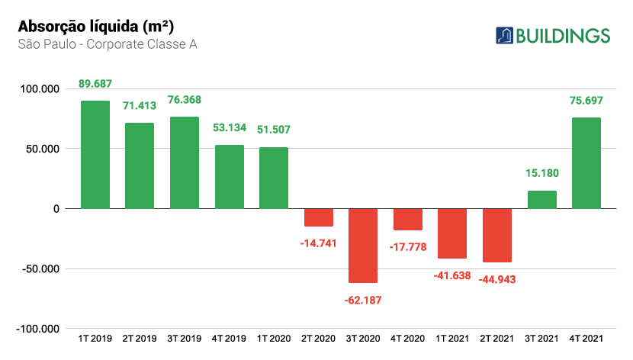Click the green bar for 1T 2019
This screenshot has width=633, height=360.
click(x=95, y=154)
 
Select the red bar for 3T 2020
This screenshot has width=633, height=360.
click(x=363, y=246)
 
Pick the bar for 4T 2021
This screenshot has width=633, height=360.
click(x=586, y=163)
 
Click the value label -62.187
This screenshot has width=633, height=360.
click(x=363, y=300)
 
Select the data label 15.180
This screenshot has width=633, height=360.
click(x=541, y=174)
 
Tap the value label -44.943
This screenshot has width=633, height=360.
click(x=497, y=279)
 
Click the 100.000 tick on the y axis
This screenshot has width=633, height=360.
click(x=38, y=89)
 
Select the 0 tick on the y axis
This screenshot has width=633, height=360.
click(x=55, y=209)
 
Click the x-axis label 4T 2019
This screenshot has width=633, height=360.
click(x=230, y=337)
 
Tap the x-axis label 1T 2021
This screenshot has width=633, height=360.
click(x=452, y=337)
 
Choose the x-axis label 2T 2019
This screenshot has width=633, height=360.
click(x=140, y=337)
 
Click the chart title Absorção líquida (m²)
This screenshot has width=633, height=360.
click(x=88, y=26)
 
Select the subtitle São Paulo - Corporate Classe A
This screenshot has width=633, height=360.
click(x=108, y=44)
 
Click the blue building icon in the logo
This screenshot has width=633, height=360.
click(x=504, y=35)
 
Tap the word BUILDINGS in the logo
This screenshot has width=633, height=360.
click(x=563, y=36)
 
